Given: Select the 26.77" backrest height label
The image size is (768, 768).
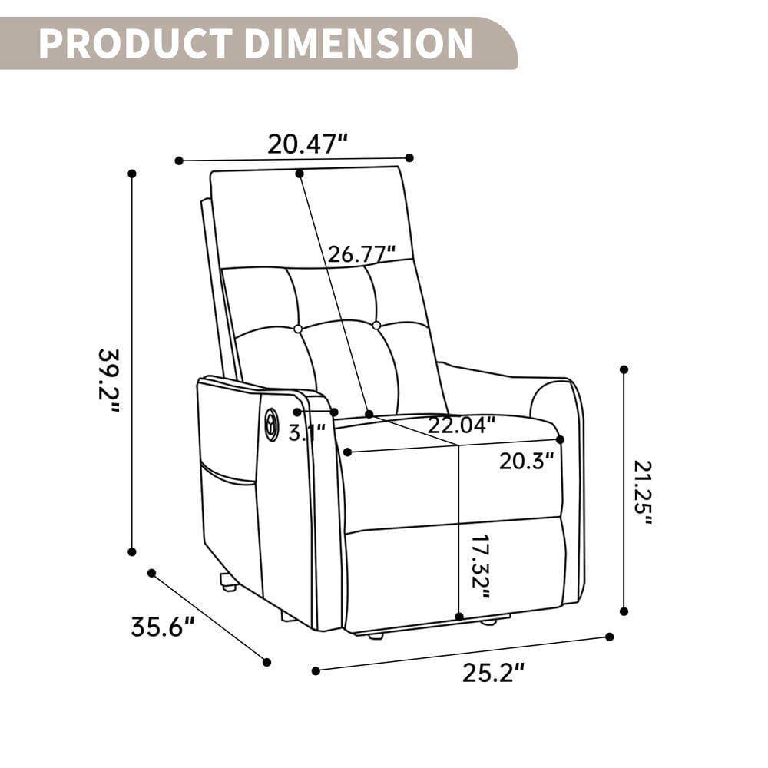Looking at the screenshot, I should (x=362, y=253).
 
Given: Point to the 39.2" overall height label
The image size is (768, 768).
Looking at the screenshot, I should (x=110, y=380).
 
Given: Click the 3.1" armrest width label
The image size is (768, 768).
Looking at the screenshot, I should (x=306, y=432).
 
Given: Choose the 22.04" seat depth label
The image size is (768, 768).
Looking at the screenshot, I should (x=462, y=425).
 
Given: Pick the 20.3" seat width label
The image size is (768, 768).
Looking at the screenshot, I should (x=526, y=461).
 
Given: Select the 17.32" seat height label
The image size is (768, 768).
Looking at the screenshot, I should (x=480, y=567).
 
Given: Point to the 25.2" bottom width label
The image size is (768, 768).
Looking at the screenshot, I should (x=493, y=673).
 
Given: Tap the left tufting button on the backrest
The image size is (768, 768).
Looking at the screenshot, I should (x=298, y=329).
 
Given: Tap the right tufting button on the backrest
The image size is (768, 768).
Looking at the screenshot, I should (x=376, y=326).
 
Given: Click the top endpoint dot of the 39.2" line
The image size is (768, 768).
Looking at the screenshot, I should (x=132, y=174).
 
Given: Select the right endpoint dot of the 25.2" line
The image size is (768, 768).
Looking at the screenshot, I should (x=610, y=637).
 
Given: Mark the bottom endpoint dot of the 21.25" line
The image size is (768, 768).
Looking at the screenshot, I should (x=624, y=611).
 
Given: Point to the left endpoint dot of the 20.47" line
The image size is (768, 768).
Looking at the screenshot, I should (x=179, y=161).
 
